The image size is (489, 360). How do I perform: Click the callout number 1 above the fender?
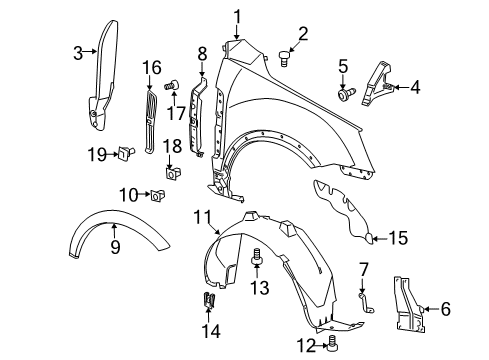coord(238,15)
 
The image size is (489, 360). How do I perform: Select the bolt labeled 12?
coord(332,345)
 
